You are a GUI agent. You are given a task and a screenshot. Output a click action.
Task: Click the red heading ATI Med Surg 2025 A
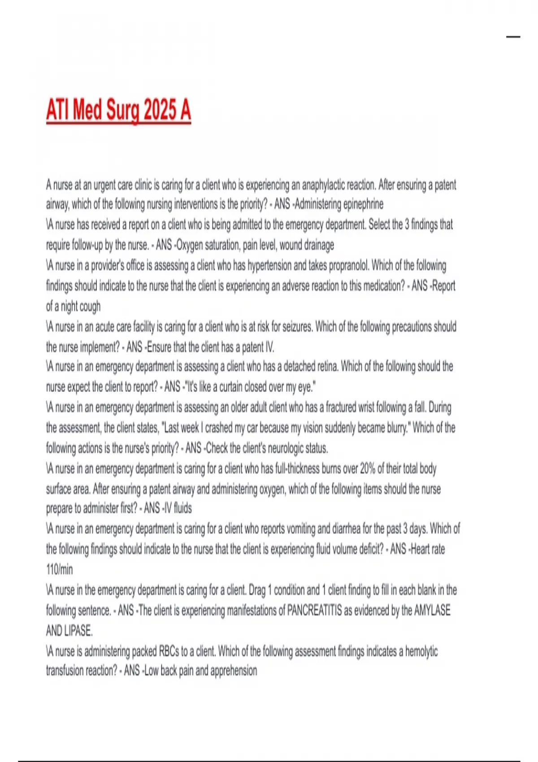click(x=118, y=110)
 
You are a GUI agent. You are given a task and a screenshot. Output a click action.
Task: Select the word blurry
click(x=393, y=428)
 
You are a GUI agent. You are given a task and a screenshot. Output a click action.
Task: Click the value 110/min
click(x=59, y=570)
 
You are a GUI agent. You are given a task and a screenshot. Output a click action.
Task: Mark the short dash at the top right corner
click(x=513, y=37)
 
